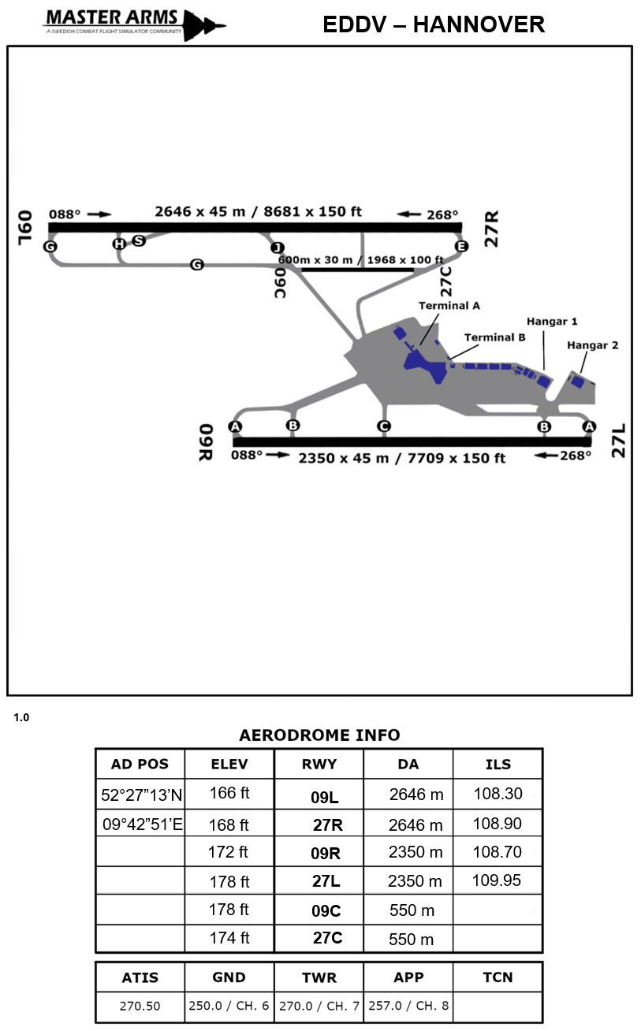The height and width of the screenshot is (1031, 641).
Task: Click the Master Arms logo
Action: (x=134, y=24)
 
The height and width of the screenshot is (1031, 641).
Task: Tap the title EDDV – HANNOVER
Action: (x=434, y=24)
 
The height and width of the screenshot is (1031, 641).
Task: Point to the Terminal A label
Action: (x=449, y=305)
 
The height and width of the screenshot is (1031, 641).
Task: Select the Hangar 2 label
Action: (x=593, y=344)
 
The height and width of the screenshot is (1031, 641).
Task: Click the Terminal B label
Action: (x=494, y=337)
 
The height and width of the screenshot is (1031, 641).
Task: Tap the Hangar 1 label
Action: (x=552, y=321)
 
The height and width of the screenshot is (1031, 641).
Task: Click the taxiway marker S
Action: (x=139, y=240)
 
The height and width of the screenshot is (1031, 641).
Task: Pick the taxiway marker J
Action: (x=277, y=247)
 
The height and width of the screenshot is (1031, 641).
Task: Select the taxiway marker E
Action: (x=462, y=247)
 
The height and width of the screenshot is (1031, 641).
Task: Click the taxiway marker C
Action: (x=384, y=426)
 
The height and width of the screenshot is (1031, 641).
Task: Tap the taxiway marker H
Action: (x=119, y=244)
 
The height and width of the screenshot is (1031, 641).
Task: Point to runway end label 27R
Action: (x=492, y=229)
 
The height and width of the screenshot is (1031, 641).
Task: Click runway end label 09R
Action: (x=207, y=442)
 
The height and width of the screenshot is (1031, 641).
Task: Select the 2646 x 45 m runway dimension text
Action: (x=258, y=211)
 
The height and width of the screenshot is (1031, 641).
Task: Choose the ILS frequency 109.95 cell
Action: (x=497, y=880)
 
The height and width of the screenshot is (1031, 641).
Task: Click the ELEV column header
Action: (x=229, y=764)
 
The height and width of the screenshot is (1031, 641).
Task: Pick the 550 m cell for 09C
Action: (x=412, y=910)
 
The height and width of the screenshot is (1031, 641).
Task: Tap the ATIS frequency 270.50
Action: (x=140, y=1007)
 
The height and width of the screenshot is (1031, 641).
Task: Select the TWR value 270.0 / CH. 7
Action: (x=319, y=1007)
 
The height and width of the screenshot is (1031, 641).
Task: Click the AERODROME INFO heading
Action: (x=319, y=735)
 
